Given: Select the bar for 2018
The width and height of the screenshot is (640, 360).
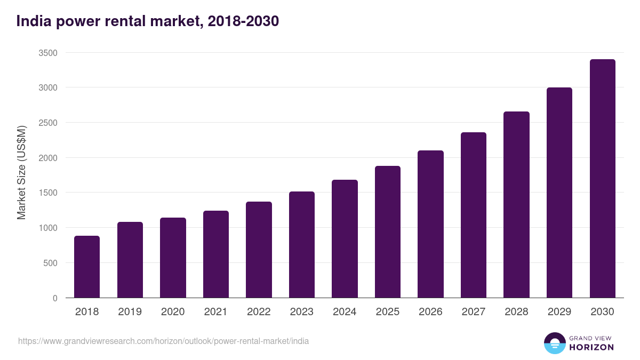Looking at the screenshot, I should tap(87, 267).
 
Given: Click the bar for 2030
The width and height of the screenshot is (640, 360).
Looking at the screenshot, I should tap(602, 179).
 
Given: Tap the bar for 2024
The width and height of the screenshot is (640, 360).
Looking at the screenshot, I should tap(345, 239).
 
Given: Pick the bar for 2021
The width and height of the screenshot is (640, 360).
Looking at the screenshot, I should tap(216, 254).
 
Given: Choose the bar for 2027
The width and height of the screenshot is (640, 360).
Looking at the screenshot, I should tap(474, 215).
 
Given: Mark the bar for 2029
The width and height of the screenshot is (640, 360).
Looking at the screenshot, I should tap(559, 193).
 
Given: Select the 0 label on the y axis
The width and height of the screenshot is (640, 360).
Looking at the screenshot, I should tap(55, 298).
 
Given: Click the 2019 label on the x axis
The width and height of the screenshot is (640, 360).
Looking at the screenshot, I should tap(130, 312).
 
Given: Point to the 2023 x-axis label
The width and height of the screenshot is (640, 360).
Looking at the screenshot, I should tap(301, 312).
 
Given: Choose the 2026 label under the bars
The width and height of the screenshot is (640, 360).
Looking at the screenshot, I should tap(430, 312).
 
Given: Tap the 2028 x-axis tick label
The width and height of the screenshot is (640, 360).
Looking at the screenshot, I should tap(516, 312).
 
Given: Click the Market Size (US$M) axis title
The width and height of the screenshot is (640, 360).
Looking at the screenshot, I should tap(21, 173).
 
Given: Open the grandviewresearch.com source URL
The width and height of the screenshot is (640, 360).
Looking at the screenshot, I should tap(163, 341).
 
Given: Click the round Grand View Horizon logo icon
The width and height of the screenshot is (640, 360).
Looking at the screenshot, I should tap(554, 343).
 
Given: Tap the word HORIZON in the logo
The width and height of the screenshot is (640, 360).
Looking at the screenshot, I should tap(591, 347).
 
